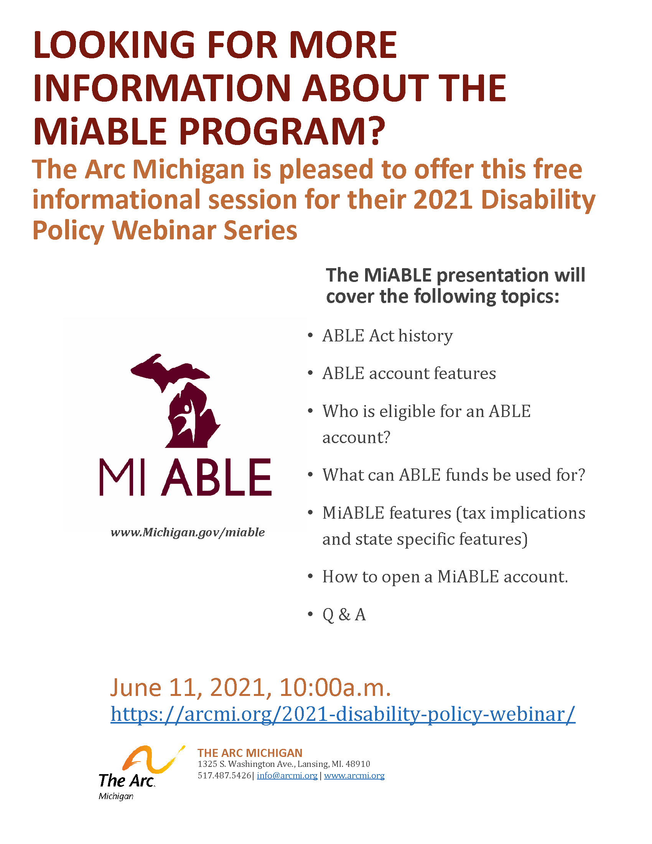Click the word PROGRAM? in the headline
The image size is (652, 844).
tap(282, 131)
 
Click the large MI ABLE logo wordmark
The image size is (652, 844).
tap(185, 477)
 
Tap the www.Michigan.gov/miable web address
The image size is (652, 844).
tap(188, 532)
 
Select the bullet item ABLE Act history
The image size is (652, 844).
tap(387, 335)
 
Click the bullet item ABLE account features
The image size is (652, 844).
tap(409, 373)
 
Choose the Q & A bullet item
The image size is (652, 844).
tap(344, 615)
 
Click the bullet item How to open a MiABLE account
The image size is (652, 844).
tap(445, 577)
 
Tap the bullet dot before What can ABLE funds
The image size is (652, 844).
tap(310, 475)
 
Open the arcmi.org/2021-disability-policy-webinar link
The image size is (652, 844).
tap(342, 714)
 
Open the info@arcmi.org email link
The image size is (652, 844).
tap(287, 775)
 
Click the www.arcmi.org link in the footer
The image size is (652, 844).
tap(354, 775)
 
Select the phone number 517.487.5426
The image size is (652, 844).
tap(224, 775)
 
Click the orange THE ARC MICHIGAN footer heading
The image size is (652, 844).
tap(250, 753)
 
